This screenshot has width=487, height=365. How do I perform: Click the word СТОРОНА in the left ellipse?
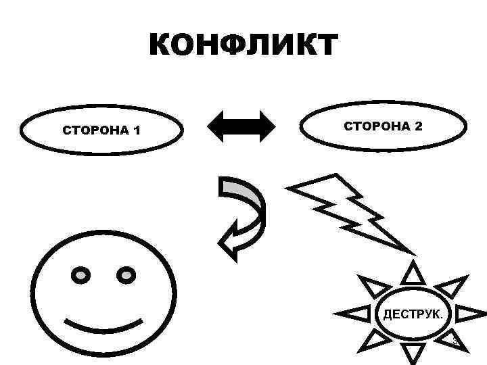point(93,130)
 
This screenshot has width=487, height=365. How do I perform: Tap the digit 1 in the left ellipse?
point(137,130)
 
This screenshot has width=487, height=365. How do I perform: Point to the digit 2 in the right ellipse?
point(419,126)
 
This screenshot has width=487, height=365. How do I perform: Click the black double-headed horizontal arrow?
point(241,126)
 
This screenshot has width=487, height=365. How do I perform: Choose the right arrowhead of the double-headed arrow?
point(265,126)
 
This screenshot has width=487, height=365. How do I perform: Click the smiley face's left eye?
point(81,275)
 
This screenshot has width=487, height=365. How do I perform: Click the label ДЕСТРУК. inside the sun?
point(413,314)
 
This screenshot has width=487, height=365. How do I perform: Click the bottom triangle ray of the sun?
point(412,352)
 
